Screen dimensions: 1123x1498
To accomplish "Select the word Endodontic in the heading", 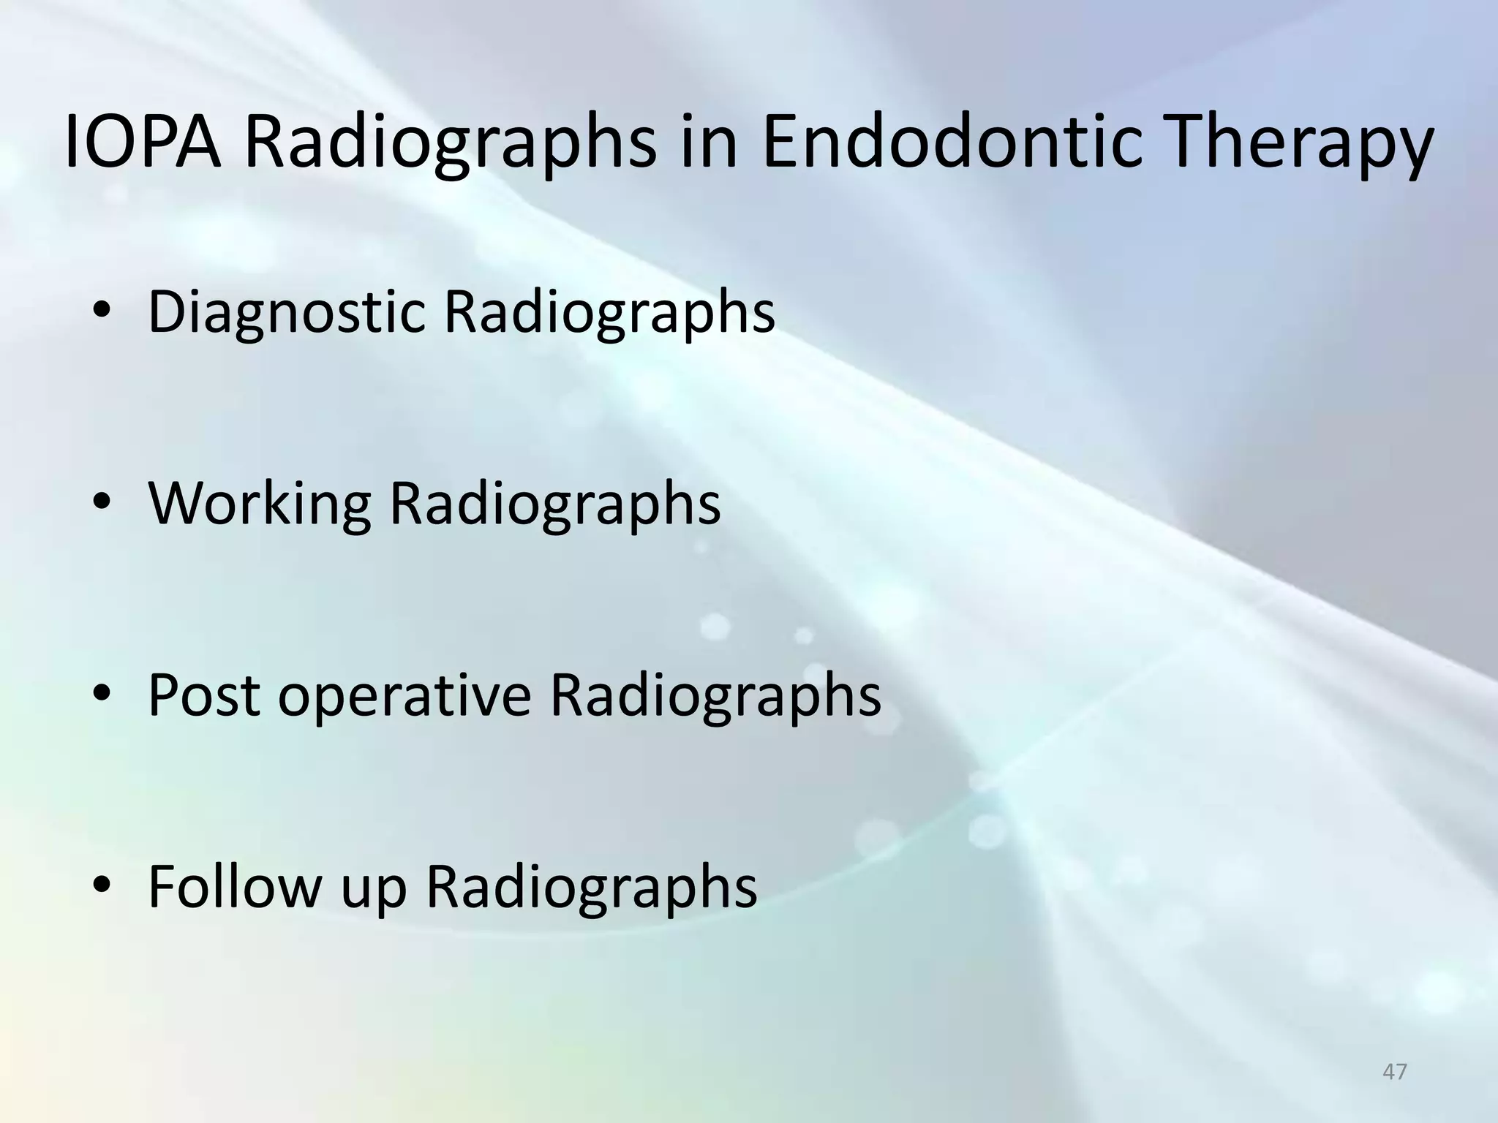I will [952, 143].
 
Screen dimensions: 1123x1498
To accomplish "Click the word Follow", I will [235, 886].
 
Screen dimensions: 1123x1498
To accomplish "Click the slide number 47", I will [1394, 1072].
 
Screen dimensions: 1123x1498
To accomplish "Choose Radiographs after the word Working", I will [554, 506].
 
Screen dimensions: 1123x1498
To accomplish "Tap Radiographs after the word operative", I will [715, 697].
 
